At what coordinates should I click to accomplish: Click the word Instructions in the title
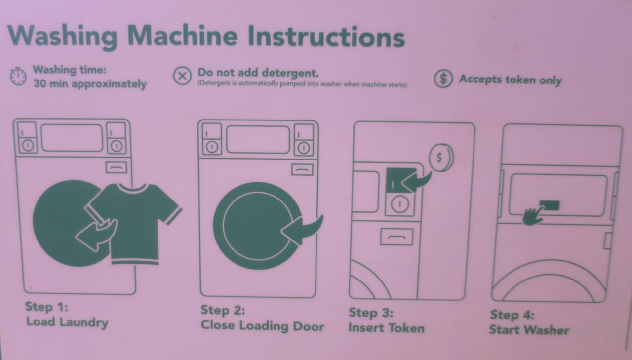[x=326, y=37]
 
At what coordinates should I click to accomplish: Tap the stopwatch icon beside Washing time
[x=18, y=76]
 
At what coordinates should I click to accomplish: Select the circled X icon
[x=182, y=76]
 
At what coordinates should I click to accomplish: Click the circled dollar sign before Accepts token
[x=443, y=79]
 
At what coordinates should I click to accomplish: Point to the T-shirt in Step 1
[x=135, y=223]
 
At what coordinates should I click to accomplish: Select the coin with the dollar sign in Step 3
[x=441, y=158]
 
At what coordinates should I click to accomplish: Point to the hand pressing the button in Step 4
[x=532, y=216]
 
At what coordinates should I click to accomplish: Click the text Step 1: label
[x=46, y=307]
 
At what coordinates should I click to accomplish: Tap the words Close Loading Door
[x=262, y=326]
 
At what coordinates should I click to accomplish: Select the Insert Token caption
[x=387, y=328]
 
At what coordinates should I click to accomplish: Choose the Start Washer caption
[x=529, y=330]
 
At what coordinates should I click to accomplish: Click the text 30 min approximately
[x=90, y=84]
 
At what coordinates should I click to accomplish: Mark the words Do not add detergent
[x=258, y=73]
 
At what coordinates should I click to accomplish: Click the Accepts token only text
[x=511, y=80]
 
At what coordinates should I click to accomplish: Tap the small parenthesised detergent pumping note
[x=302, y=84]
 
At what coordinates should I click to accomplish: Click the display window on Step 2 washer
[x=258, y=140]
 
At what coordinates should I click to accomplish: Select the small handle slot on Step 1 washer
[x=116, y=167]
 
